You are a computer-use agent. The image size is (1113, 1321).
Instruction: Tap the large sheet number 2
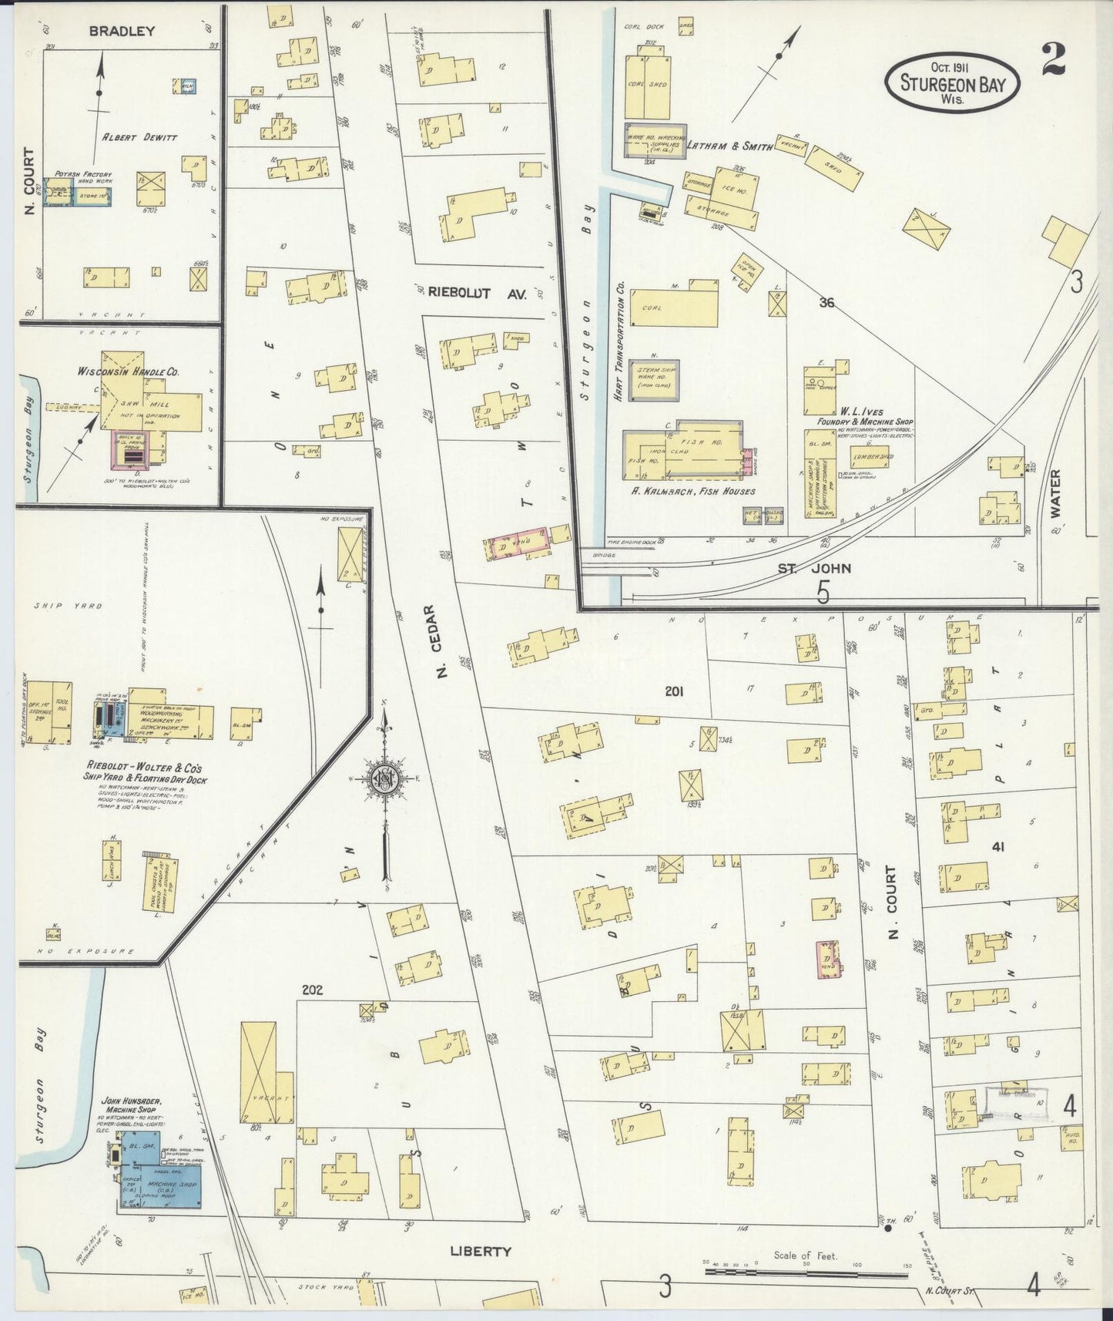coord(1053,61)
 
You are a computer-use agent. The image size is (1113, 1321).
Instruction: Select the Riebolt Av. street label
coord(477,292)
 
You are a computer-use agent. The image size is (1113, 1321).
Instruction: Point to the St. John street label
coord(824,568)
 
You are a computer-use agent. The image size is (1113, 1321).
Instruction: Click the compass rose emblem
coord(383,779)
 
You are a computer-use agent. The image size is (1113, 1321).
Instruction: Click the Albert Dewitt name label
coord(139,137)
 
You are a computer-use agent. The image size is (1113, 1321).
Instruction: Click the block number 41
coord(998,847)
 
